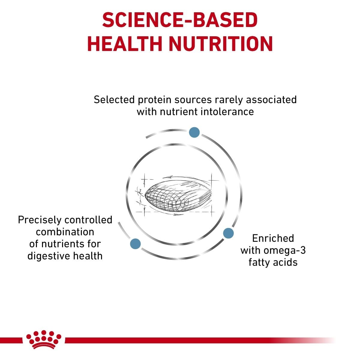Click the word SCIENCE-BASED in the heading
pos(180,21)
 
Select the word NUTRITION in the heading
pos(220,44)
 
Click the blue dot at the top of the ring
pos(194,132)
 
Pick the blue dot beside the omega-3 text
pos(228,233)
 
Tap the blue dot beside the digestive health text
pos(136,244)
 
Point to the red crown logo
pos(44,340)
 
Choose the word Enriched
pos(273,238)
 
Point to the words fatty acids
pos(273,262)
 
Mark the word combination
pos(65,232)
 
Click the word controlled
pos(88,220)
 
